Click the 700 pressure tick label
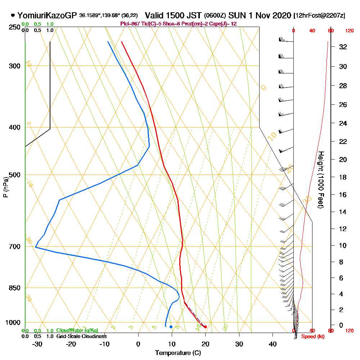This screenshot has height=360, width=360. [x=14, y=247]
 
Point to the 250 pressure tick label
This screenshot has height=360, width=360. [x=14, y=27]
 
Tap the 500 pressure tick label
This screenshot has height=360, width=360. [x=14, y=175]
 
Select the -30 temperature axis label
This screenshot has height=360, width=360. [x=37, y=344]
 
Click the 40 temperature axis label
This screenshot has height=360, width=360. [x=273, y=344]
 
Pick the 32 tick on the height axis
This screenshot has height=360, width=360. [x=343, y=47]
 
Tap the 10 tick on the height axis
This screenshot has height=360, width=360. [x=343, y=246]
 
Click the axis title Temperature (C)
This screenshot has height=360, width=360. [x=178, y=353]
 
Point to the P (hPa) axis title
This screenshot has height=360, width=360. [x=5, y=187]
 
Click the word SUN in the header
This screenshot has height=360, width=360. [x=236, y=15]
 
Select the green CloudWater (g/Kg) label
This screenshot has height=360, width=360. [x=77, y=330]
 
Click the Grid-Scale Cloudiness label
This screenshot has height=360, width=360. [x=81, y=336]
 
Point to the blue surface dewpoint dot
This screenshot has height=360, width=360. [x=171, y=327]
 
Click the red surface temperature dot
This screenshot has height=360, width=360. [x=205, y=327]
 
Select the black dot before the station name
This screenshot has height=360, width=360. [x=13, y=15]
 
